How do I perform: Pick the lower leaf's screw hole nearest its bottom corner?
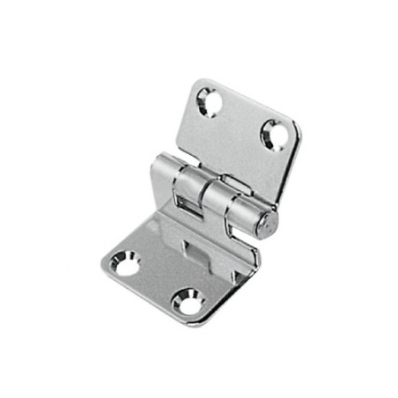[x=188, y=303]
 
